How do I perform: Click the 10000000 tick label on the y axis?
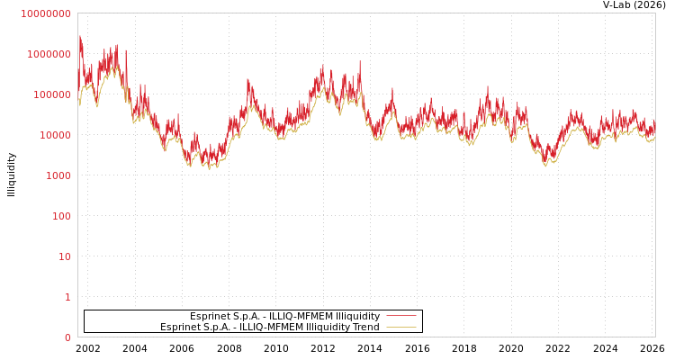pyautogui.click(x=45, y=13)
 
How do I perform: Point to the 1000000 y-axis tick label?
pyautogui.click(x=49, y=54)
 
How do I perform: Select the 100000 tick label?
pyautogui.click(x=51, y=94)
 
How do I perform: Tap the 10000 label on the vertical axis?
pyautogui.click(x=54, y=135)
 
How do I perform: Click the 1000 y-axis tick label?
pyautogui.click(x=58, y=175)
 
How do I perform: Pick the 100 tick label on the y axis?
pyautogui.click(x=60, y=216)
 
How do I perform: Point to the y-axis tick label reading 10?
pyautogui.click(x=64, y=256)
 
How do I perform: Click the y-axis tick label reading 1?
pyautogui.click(x=67, y=297)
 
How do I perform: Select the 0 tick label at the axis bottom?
pyautogui.click(x=67, y=337)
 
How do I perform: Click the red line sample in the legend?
pyautogui.click(x=400, y=316)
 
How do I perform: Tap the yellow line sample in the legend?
pyautogui.click(x=400, y=327)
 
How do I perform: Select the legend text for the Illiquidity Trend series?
pyautogui.click(x=270, y=327)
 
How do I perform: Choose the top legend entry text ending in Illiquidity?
pyautogui.click(x=284, y=316)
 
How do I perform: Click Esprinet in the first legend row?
pyautogui.click(x=210, y=316)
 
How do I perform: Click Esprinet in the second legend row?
pyautogui.click(x=180, y=327)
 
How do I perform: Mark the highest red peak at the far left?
pyautogui.click(x=80, y=37)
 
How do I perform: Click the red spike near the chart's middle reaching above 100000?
pyautogui.click(x=360, y=62)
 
